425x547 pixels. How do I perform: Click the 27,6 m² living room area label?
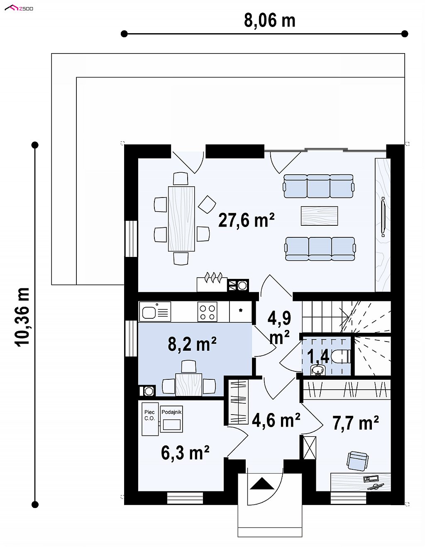coord(246,220)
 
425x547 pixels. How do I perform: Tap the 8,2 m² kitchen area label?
coord(192,344)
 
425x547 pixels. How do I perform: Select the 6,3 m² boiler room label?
coord(185,452)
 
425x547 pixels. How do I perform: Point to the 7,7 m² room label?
coord(356,423)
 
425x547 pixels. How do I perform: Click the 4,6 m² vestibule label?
coord(276,420)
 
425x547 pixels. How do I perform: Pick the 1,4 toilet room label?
coord(318,357)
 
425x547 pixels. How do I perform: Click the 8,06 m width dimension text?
coord(269,20)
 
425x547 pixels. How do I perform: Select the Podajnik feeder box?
coord(171,419)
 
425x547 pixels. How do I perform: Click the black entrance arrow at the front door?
coord(262,484)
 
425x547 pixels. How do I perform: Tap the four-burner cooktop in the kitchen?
coord(208,312)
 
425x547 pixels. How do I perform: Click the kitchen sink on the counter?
coord(155,312)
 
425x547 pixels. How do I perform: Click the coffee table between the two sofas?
coord(319,216)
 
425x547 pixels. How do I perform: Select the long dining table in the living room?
coord(181,219)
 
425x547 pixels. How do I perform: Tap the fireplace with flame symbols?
coord(212,282)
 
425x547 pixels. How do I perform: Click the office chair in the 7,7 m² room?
coord(358,461)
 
